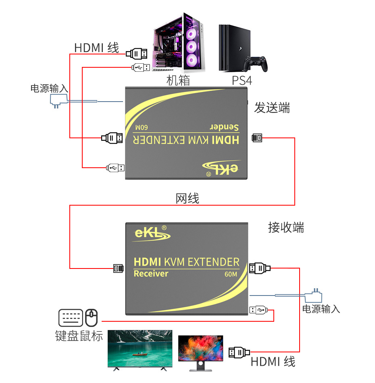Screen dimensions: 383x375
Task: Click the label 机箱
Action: (178, 81)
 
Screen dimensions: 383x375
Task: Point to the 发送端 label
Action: (272, 108)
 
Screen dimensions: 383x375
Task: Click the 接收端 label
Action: (286, 227)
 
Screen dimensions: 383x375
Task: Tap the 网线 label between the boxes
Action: (187, 198)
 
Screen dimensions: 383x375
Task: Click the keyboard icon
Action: (71, 318)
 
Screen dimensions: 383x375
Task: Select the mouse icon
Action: (92, 318)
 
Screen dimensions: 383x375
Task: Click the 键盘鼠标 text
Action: (79, 336)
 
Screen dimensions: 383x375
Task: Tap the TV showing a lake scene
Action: (140, 349)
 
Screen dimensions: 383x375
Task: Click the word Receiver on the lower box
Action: (150, 274)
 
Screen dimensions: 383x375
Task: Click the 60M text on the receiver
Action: (231, 275)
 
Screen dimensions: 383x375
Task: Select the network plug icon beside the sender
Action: (257, 138)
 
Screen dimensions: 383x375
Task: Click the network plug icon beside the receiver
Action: (118, 268)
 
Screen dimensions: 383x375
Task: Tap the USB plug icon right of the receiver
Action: (257, 310)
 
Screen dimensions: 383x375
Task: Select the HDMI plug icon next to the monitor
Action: (237, 352)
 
